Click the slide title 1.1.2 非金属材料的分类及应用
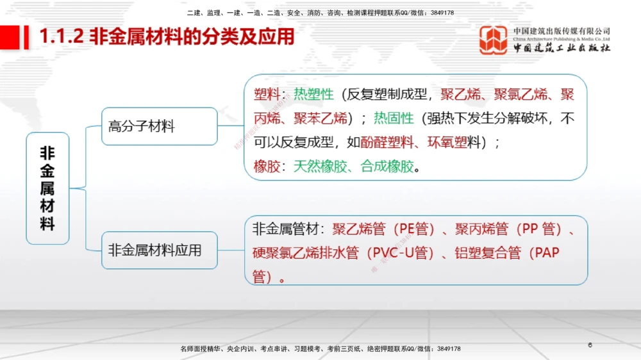(x=167, y=37)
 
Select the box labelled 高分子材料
(x=160, y=126)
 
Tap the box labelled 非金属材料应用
(x=160, y=250)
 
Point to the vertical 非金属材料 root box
(x=47, y=188)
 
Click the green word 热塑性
(x=314, y=95)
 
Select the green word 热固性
(x=394, y=119)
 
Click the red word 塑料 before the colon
(x=267, y=95)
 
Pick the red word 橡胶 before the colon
(x=267, y=167)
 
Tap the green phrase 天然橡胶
(x=320, y=167)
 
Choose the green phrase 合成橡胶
(x=387, y=167)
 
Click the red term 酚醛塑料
(x=387, y=143)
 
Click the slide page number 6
(x=590, y=345)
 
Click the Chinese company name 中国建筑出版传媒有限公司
(x=562, y=31)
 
